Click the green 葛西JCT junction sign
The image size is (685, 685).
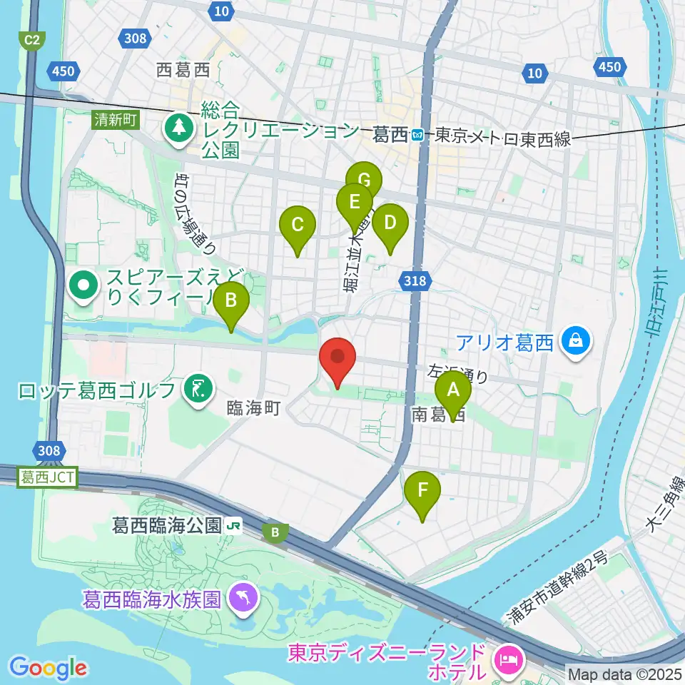click(x=47, y=477)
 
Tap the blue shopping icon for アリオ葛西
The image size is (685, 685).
click(x=574, y=341)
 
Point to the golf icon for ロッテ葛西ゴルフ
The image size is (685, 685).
click(x=196, y=390)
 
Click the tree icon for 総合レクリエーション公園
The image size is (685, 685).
click(x=176, y=128)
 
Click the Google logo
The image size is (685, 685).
click(x=49, y=668)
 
